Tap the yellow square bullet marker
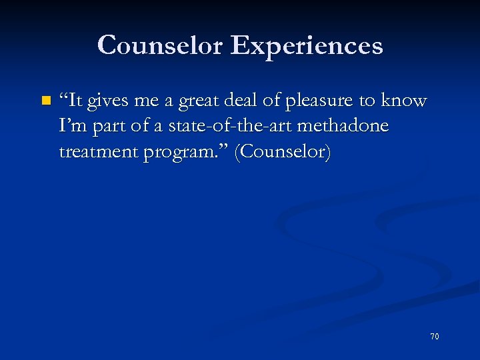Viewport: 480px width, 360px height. tap(45, 101)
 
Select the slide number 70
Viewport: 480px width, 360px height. tap(435, 337)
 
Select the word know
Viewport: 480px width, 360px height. tap(403, 101)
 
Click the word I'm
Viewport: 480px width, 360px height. tap(72, 126)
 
